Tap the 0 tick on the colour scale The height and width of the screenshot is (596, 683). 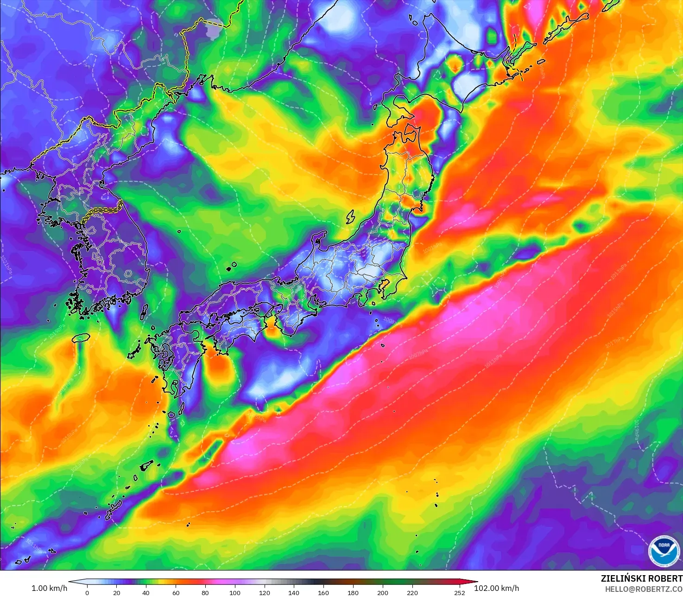87,592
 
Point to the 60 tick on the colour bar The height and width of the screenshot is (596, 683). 176,592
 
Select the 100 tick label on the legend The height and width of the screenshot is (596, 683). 235,592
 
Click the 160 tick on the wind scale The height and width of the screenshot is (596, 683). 323,592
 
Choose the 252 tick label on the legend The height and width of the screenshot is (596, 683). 459,592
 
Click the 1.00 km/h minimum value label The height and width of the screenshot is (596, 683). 49,588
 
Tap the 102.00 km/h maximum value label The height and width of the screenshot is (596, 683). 496,588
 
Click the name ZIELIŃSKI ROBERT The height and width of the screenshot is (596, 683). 641,578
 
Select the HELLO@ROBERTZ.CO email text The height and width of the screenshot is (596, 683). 644,589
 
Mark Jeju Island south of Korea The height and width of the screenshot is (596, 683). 81,338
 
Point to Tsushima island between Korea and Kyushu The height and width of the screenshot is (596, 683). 144,311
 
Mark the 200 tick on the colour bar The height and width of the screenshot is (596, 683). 383,592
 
